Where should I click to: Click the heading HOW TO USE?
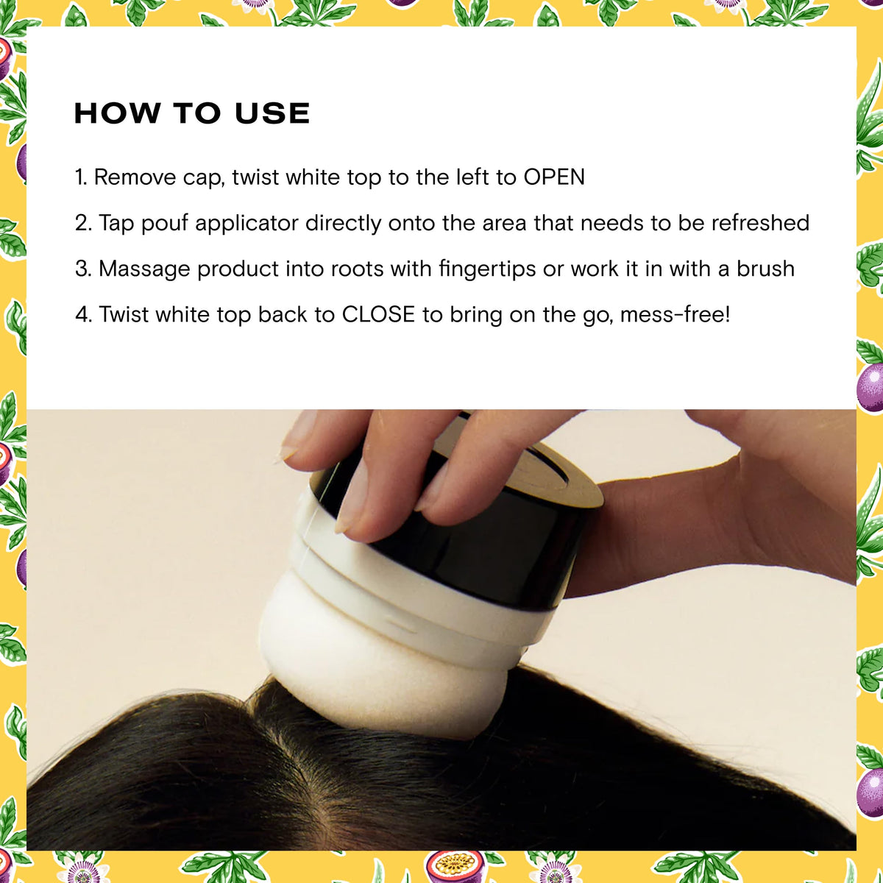192,113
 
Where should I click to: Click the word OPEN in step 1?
554,177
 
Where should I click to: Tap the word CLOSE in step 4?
378,314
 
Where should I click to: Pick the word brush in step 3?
765,269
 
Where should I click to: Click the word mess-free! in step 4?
675,314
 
